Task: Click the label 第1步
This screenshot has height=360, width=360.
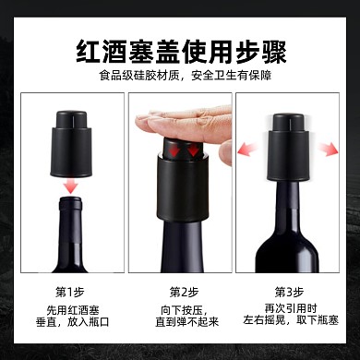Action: click(x=68, y=293)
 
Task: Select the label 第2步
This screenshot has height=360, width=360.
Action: click(x=180, y=293)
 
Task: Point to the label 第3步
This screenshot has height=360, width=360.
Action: click(x=292, y=293)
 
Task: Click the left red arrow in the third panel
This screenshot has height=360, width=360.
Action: click(x=246, y=147)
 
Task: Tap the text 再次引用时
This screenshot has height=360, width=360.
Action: click(x=292, y=310)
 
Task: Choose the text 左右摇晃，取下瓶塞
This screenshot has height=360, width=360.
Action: click(x=292, y=325)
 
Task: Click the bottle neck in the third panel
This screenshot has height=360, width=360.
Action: click(x=292, y=198)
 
